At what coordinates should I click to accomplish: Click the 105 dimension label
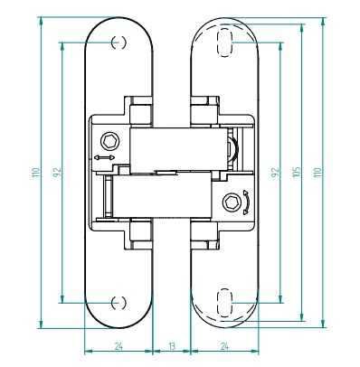click(x=297, y=172)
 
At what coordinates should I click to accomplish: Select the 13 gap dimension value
click(x=171, y=346)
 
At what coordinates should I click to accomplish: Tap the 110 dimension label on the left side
click(x=36, y=174)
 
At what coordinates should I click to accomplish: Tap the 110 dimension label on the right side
click(x=317, y=172)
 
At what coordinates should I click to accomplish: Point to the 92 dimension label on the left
click(x=58, y=172)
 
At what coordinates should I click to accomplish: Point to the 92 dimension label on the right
click(x=274, y=172)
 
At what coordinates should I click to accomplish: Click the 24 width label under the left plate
click(x=118, y=346)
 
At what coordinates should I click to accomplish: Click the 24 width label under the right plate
click(x=224, y=346)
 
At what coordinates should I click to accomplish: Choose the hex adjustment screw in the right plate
click(x=231, y=202)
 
